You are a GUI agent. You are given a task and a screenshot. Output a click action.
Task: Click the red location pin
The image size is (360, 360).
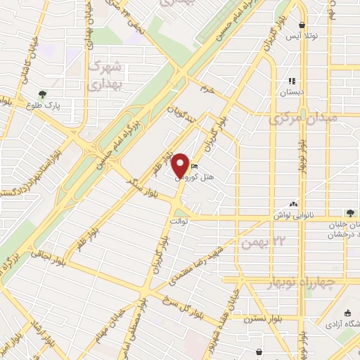click(x=181, y=165)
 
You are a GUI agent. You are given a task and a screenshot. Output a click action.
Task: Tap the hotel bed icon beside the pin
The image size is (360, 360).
click(x=194, y=167)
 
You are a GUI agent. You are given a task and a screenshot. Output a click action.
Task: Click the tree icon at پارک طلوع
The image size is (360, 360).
click(x=44, y=94)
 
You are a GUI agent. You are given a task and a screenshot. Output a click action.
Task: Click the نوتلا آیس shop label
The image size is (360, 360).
click(x=304, y=36)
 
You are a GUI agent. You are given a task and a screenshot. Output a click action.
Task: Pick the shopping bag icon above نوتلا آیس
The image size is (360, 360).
click(x=302, y=25)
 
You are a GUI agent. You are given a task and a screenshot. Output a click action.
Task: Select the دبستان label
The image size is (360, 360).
click(x=292, y=91)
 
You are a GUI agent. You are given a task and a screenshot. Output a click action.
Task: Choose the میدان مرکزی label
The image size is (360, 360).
click(x=303, y=118)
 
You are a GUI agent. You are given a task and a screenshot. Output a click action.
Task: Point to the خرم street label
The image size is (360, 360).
click(x=206, y=89)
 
